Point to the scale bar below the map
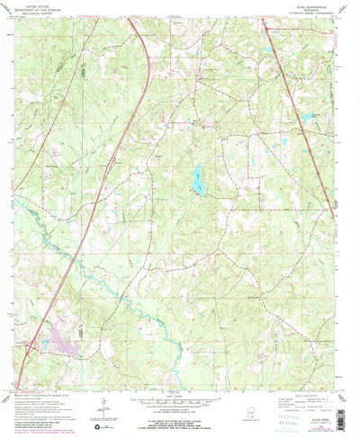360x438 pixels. (x=180, y=396)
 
